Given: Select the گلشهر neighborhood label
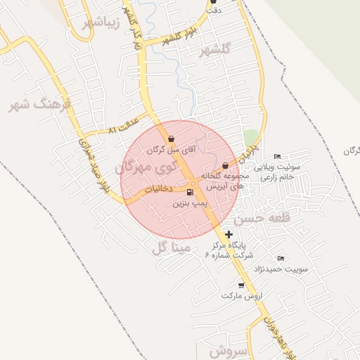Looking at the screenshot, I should (214, 51).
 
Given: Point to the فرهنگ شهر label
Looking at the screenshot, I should (40, 105).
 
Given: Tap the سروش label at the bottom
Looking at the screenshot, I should (226, 350).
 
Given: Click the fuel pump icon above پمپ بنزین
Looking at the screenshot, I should (190, 191).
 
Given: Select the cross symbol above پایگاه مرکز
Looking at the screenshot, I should (229, 233).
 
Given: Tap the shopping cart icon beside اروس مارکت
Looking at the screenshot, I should (242, 285).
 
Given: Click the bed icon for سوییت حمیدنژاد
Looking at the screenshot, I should (282, 259).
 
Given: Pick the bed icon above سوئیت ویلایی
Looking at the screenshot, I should (278, 156).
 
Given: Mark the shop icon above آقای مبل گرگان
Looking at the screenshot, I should (172, 139).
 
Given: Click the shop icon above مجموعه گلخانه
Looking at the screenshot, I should (225, 165).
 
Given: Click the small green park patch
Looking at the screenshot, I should (251, 136).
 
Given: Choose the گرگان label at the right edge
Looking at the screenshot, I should (352, 152).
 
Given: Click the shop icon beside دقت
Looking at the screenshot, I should (213, 2).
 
